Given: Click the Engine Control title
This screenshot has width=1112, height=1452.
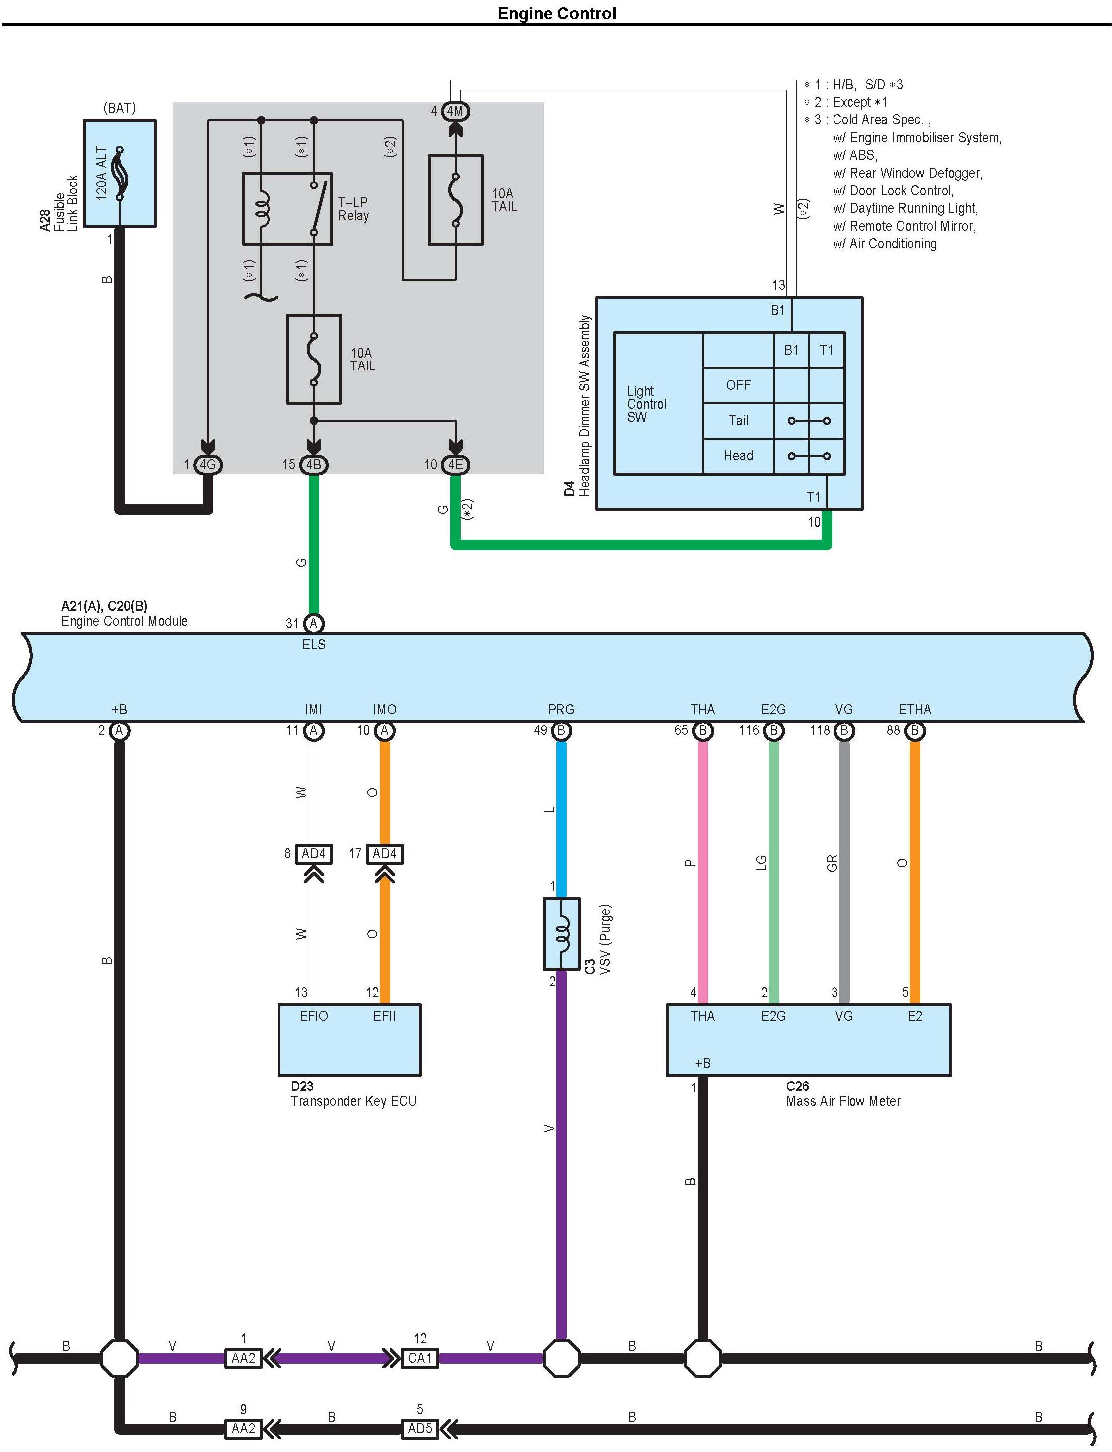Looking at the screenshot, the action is pos(556,14).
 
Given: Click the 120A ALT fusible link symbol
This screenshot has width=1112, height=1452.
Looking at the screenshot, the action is pos(120,173).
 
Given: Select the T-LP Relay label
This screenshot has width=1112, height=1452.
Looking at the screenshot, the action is pos(353,209).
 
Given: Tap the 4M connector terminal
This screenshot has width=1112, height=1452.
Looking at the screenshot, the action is pos(455,111).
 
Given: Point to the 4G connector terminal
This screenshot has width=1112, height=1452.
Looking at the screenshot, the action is pos(208,465).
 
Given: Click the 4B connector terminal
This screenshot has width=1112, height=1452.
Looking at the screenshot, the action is pos(314,465).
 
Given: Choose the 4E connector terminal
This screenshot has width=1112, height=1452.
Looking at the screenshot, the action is pos(455,465).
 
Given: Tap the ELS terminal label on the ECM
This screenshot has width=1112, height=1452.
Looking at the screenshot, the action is pos(314,644).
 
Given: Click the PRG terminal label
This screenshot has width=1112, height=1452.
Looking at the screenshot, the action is pos(561,709).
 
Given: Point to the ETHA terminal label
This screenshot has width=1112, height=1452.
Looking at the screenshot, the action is pos(915,709).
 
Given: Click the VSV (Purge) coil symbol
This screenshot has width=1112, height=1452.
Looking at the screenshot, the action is pos(561,934).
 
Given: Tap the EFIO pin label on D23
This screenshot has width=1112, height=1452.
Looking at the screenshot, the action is pos(314,1016).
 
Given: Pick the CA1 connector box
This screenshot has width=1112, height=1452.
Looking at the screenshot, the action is pos(420,1358).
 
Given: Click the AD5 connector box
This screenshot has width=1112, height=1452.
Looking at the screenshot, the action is pos(420,1428).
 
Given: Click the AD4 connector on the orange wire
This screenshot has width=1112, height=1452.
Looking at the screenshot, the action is pos(385,854).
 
